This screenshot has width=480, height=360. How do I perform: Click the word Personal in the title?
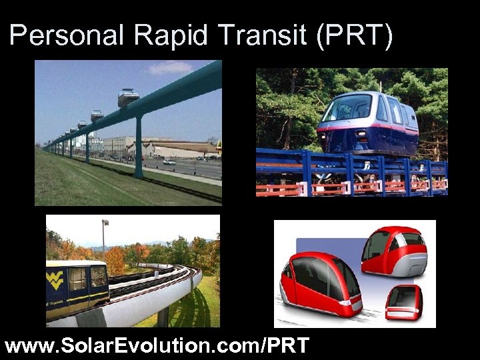(67, 35)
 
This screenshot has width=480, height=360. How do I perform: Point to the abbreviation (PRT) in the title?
(355, 35)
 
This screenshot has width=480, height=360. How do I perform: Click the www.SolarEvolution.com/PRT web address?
(157, 345)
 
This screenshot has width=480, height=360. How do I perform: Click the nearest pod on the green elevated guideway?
(129, 97)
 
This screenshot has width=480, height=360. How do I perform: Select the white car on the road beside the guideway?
(169, 162)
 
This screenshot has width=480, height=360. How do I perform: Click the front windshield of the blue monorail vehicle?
(347, 107)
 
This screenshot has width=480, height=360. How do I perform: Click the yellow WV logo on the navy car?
(55, 279)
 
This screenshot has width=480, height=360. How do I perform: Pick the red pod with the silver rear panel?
(394, 251)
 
